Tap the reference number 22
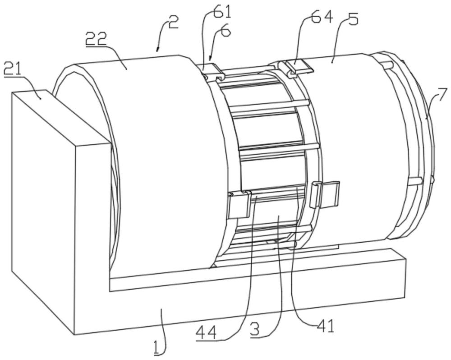pos(97,40)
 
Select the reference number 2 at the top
pos(173,22)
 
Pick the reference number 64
pos(322,18)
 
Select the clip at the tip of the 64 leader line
pos(298,68)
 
